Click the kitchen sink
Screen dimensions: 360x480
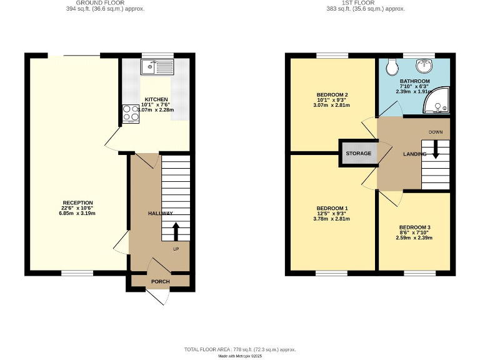[x=157, y=66]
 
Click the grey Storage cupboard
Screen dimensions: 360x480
[x=358, y=153]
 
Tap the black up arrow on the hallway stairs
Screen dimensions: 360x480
[x=176, y=231]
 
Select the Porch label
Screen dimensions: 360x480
[x=160, y=281]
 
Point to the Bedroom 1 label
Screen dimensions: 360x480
[x=332, y=208]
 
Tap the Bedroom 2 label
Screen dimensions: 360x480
[x=332, y=95]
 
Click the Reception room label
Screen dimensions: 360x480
[x=77, y=202]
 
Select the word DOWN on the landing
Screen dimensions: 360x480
[x=436, y=132]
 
